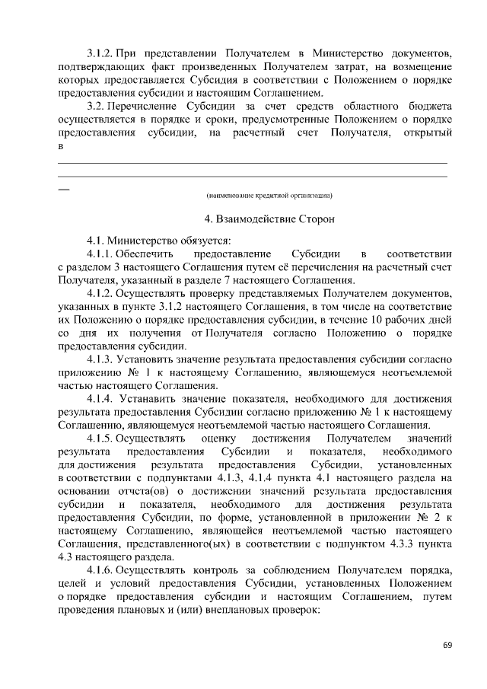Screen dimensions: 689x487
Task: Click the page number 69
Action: pyautogui.click(x=448, y=646)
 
